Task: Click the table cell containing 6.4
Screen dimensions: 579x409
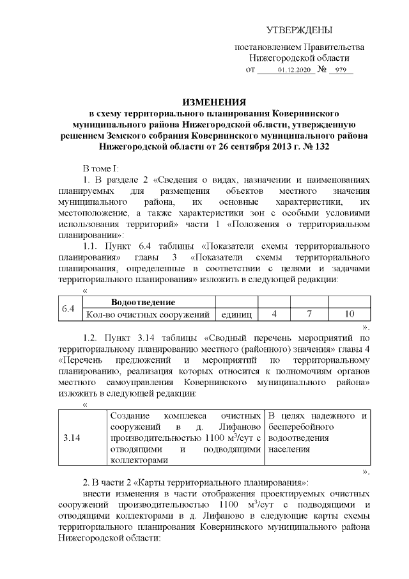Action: [69, 309]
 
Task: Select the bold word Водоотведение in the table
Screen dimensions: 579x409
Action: [143, 303]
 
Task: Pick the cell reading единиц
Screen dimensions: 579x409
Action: [236, 315]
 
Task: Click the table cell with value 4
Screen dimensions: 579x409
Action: [274, 315]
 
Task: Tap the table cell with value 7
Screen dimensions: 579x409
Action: [309, 315]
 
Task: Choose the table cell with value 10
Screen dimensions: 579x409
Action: [349, 315]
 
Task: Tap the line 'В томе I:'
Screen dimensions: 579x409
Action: [102, 168]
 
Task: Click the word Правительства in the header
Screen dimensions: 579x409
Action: [335, 47]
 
